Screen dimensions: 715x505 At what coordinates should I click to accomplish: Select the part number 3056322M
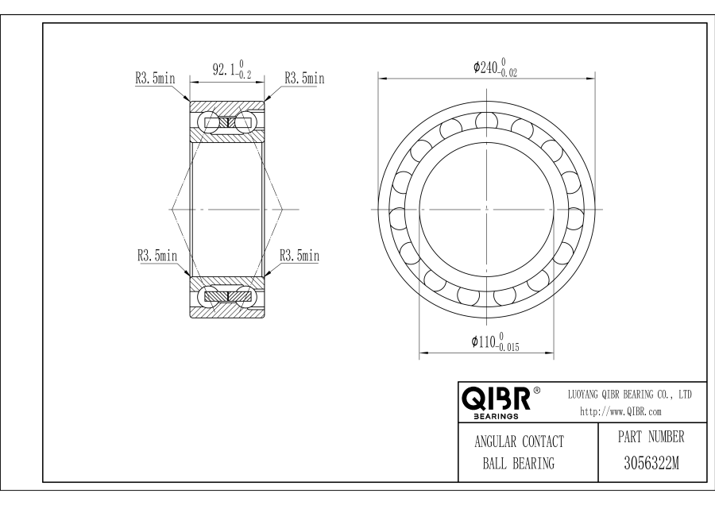tap(651, 463)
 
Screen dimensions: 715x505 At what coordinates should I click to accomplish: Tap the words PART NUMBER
tap(651, 437)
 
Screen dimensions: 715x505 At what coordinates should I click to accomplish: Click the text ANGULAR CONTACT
tap(519, 441)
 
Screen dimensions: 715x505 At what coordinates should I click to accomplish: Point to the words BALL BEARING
tap(519, 464)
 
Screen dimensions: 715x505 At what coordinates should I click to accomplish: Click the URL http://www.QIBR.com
tap(620, 411)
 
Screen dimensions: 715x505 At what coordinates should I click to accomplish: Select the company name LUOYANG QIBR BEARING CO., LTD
tap(630, 395)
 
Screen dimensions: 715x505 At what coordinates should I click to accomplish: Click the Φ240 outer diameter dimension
tap(495, 67)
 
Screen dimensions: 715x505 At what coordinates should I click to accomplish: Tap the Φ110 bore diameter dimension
tap(495, 342)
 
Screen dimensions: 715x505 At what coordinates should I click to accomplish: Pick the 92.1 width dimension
tap(232, 69)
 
